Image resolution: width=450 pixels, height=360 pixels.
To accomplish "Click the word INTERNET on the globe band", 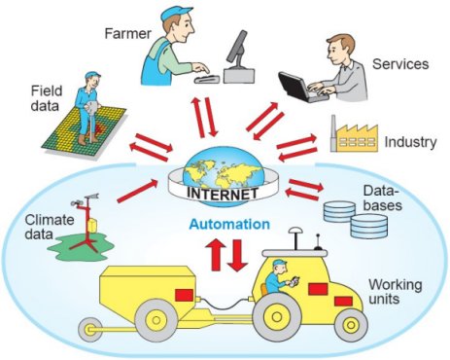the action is [223, 194].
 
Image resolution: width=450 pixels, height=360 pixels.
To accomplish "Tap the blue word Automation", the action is [229, 224].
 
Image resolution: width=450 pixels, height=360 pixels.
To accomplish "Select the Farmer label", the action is [127, 33].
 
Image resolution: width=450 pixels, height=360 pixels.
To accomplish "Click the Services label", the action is [400, 64].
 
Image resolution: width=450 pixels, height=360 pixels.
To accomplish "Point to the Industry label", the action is [410, 142].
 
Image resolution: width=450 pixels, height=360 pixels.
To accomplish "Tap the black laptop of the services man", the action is [299, 87].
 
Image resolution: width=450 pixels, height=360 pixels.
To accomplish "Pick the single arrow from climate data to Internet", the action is [137, 192].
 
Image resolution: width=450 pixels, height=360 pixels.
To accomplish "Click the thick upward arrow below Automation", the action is [216, 254].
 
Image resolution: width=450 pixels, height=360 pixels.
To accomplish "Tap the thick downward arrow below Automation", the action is [237, 255].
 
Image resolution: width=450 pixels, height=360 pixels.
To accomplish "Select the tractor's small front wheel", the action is [351, 325].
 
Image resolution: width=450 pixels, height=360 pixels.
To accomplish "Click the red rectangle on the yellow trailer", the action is [184, 295].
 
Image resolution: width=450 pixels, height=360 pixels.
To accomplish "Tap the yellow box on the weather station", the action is [92, 225].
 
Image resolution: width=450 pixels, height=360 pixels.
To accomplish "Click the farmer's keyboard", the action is [207, 79].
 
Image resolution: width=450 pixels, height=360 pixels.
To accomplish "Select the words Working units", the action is [396, 292].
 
